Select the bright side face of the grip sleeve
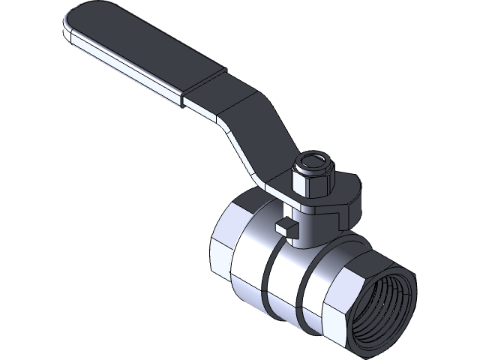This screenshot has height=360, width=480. click(x=127, y=64)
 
